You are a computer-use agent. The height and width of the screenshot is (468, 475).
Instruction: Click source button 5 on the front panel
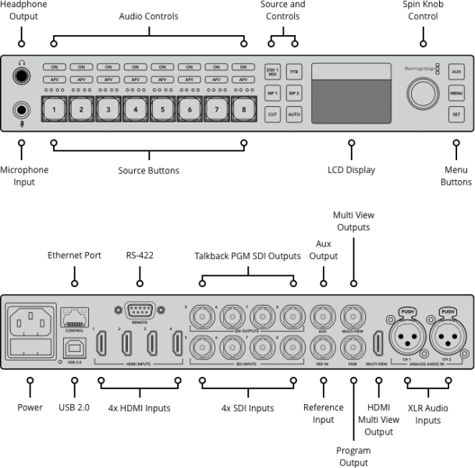click(x=161, y=110)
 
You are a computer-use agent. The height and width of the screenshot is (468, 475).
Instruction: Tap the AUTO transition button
click(x=294, y=115)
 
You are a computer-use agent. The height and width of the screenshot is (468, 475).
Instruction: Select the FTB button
click(x=294, y=72)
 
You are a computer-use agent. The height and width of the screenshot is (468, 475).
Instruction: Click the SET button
click(x=457, y=115)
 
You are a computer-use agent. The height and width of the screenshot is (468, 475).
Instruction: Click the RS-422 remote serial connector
click(x=140, y=309)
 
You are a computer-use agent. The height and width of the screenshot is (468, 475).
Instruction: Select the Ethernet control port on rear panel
click(x=75, y=316)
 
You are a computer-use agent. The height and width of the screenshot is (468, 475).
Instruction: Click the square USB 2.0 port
click(x=74, y=346)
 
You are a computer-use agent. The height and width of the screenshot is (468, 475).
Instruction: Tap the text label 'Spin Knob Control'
click(x=422, y=10)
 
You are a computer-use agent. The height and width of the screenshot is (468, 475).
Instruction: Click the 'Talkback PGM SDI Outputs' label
click(x=247, y=255)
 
